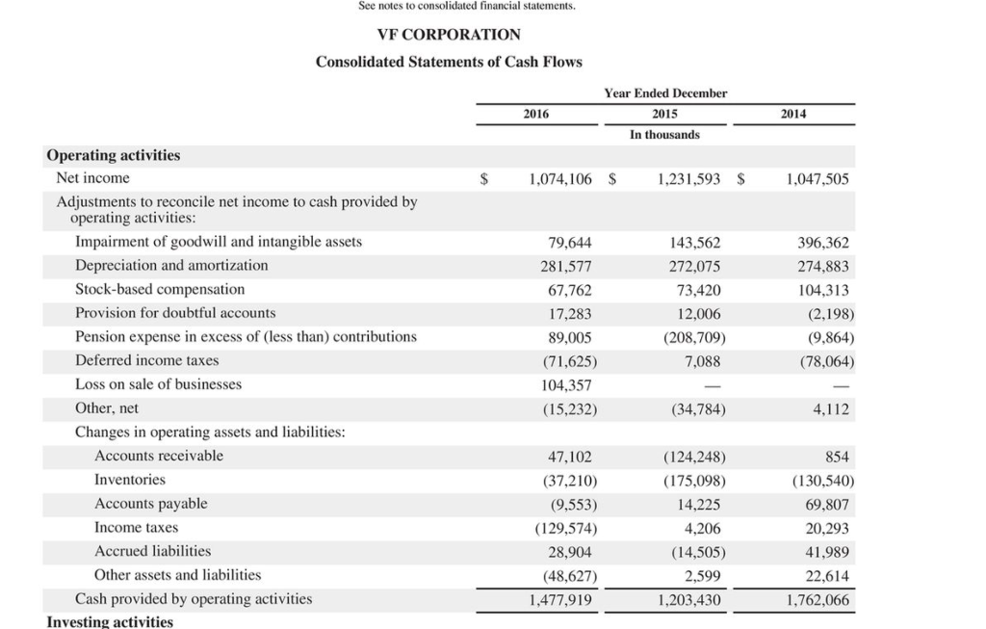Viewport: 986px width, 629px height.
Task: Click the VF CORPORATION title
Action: point(449,35)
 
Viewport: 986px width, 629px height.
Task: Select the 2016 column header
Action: point(536,114)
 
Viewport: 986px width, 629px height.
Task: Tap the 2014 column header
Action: point(793,114)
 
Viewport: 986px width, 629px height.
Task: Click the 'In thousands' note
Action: point(664,135)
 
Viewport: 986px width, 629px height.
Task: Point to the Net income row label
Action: point(92,178)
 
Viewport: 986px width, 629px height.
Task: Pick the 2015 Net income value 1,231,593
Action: point(688,179)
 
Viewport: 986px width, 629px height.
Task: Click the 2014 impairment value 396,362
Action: point(817,243)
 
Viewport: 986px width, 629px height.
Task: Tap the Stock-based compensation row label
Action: point(160,289)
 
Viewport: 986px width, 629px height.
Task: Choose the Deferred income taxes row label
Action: point(147,360)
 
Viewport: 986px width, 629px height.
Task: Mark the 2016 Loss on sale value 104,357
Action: point(567,385)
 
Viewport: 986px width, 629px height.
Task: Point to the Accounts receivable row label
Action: point(159,456)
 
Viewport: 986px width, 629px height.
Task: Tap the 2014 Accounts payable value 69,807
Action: point(827,504)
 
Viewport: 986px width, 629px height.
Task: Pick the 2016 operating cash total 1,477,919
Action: point(560,599)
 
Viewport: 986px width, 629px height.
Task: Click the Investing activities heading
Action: point(110,621)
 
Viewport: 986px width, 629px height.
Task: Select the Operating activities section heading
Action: point(114,155)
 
